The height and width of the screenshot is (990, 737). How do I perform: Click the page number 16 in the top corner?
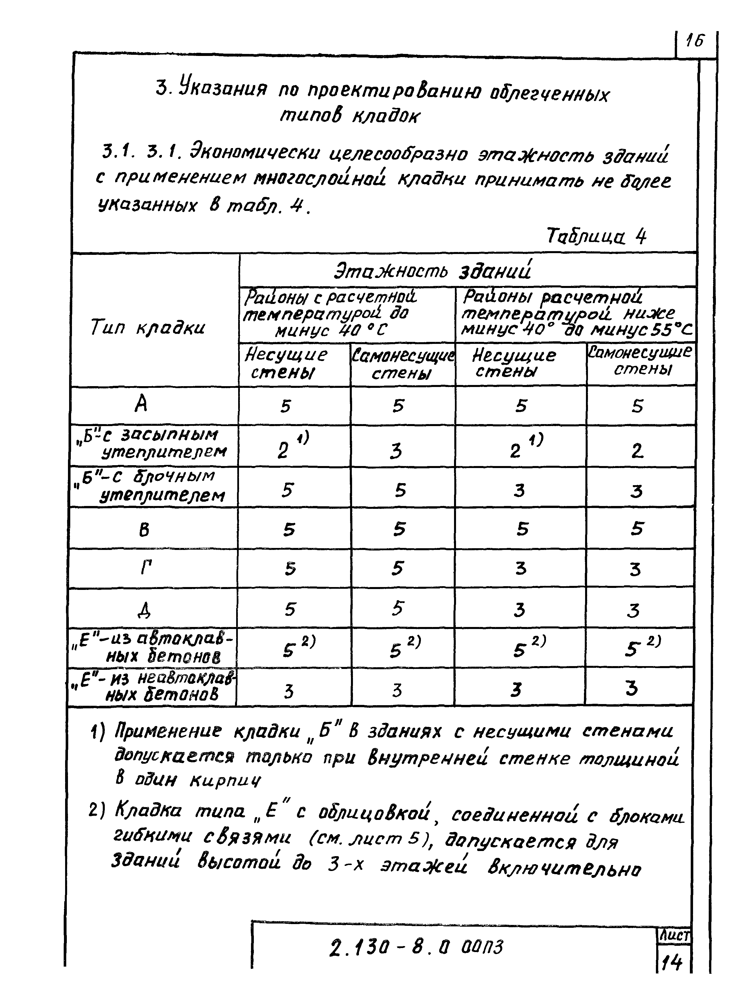click(x=695, y=41)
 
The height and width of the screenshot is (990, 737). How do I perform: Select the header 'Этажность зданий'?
click(x=433, y=271)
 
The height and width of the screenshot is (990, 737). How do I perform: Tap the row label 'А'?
click(x=141, y=405)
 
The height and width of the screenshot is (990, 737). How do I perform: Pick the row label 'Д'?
click(x=144, y=609)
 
